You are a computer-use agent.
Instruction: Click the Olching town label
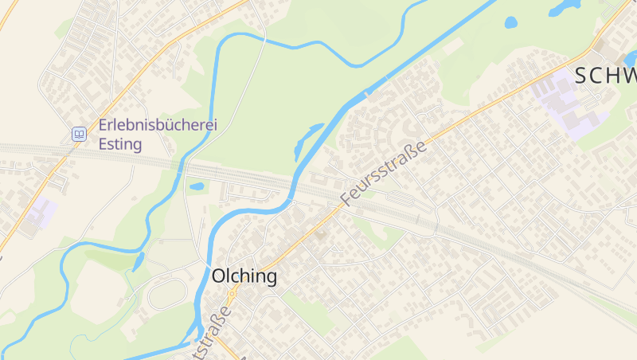244,276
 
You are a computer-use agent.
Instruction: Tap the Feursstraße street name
384,171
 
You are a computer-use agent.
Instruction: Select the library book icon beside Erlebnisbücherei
79,134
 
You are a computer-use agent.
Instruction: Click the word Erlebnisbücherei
158,125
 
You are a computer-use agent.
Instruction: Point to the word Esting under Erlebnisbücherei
120,144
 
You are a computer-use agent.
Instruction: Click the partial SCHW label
605,76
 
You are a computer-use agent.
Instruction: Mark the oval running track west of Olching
167,294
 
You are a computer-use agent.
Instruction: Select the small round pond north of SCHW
510,22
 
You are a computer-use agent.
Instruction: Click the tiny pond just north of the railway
197,187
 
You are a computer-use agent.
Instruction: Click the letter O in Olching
220,276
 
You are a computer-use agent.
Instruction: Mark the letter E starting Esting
103,144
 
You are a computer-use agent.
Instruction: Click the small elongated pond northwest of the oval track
139,261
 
